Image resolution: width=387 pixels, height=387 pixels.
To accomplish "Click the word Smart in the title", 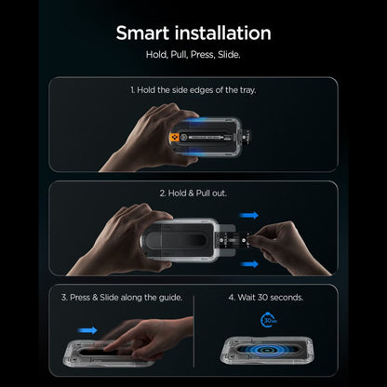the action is (141, 33).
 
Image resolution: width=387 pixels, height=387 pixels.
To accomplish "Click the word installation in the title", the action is (222, 33).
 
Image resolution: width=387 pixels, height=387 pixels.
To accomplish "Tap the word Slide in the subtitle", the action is (229, 55).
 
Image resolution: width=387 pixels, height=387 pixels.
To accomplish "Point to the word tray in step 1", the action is (247, 90).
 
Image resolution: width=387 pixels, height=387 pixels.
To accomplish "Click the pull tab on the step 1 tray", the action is (247, 136).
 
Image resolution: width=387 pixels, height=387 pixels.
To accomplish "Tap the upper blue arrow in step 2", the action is (248, 215).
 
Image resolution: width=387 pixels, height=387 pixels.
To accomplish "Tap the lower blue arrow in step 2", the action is (249, 264).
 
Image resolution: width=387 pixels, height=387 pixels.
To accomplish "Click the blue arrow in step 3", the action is (87, 330).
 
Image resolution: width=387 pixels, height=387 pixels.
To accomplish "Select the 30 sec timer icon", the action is (268, 320).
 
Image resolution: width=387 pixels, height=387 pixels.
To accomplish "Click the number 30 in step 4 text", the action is (262, 298).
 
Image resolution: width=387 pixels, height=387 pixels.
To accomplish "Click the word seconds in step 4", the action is (287, 298).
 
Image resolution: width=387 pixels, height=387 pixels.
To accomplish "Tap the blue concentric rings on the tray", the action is (267, 350).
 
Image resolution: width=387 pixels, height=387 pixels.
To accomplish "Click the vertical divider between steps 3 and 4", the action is (193, 331).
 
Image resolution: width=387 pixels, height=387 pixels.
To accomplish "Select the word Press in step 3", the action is (80, 298).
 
